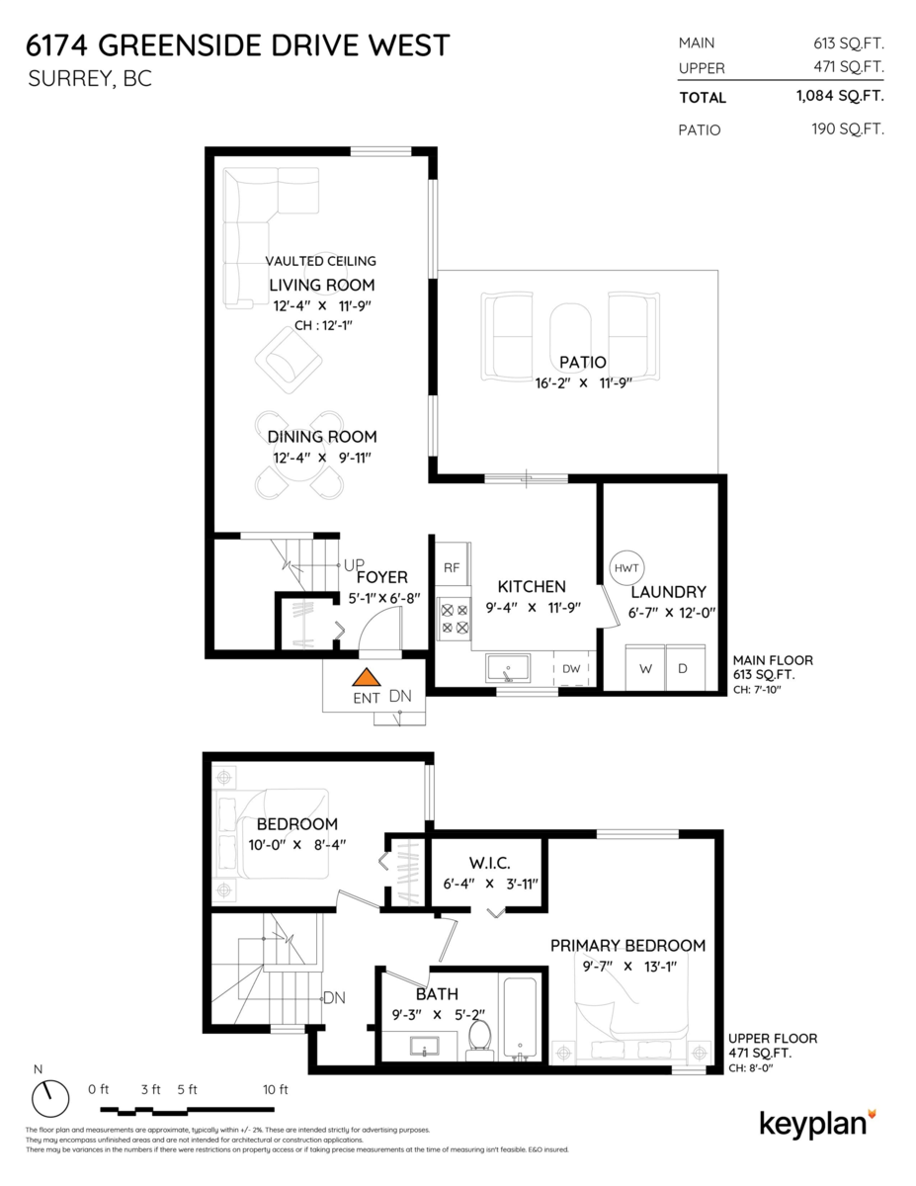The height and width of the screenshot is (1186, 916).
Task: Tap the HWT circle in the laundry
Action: (x=626, y=567)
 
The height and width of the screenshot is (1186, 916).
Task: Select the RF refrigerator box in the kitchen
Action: (x=452, y=567)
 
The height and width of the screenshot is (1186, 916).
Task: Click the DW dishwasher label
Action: (x=571, y=669)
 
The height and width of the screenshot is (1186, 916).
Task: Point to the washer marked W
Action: (x=646, y=669)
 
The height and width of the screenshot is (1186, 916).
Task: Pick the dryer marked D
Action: (x=682, y=669)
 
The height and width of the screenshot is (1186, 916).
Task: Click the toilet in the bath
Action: (x=479, y=1038)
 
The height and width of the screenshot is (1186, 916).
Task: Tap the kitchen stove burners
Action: (x=455, y=619)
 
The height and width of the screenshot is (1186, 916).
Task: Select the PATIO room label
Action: (x=581, y=363)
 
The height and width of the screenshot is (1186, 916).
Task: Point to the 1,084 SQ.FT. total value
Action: (x=839, y=97)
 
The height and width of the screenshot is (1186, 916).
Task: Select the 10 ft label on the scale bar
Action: (x=276, y=1090)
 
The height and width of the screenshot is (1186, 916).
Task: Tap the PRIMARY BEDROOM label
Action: (x=627, y=946)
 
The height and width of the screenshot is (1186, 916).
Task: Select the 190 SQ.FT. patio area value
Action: (x=841, y=129)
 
